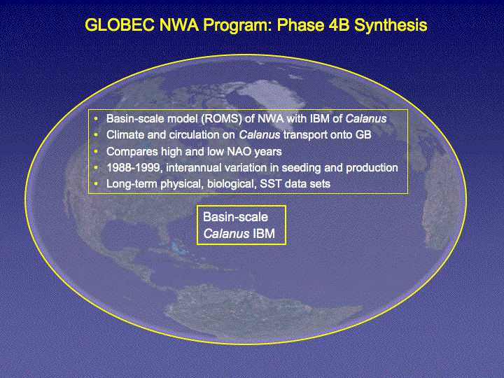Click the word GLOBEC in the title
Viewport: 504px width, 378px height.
click(120, 24)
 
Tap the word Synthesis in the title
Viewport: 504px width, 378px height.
click(391, 26)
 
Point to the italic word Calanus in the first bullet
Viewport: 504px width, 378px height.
click(366, 118)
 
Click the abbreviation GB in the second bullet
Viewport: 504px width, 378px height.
click(363, 134)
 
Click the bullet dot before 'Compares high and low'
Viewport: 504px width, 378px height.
click(96, 151)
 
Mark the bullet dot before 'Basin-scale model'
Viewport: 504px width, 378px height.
click(96, 118)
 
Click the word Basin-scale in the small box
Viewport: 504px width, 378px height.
click(236, 217)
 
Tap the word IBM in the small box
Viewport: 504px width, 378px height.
click(264, 234)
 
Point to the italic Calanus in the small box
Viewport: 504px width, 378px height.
click(226, 234)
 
